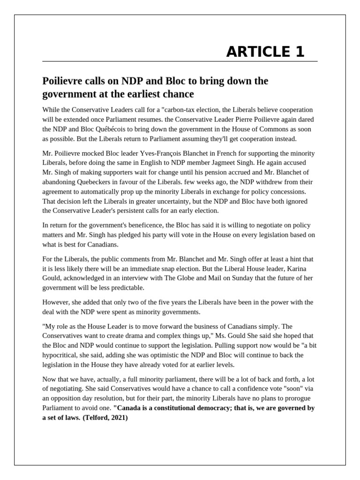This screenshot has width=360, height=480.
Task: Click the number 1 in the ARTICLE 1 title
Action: point(300,52)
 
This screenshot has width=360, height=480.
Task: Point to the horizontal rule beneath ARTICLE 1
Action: point(180,61)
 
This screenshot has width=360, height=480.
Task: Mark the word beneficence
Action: point(141,225)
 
